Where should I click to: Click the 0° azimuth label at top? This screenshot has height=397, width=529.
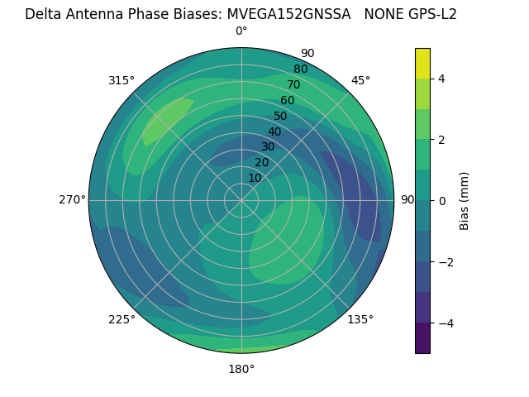coord(241,31)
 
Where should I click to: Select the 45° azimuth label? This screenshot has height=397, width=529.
coord(360,80)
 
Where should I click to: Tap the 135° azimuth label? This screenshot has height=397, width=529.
coord(360,319)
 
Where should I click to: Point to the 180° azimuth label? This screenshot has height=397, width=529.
coord(241,369)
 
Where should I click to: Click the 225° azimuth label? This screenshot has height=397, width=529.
coord(122,319)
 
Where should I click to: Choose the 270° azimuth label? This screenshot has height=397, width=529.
coord(72,199)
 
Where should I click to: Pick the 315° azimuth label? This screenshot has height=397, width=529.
coord(122,80)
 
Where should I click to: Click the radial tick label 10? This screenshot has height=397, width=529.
coord(255,178)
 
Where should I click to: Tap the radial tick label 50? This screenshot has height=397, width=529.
coord(280,117)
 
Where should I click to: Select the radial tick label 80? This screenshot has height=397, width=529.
coord(300,69)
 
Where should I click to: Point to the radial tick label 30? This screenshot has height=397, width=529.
coord(268,147)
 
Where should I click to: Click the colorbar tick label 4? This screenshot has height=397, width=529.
coord(441,79)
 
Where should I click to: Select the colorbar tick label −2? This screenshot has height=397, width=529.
coord(444,262)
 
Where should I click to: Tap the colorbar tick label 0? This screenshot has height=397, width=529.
coord(441,201)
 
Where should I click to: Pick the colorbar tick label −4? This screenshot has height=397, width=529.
coord(444,323)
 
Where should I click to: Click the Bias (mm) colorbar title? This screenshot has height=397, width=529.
coord(465,201)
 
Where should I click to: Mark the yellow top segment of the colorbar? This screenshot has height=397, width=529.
coord(422,64)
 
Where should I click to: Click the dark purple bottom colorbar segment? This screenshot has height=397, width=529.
coord(422,338)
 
